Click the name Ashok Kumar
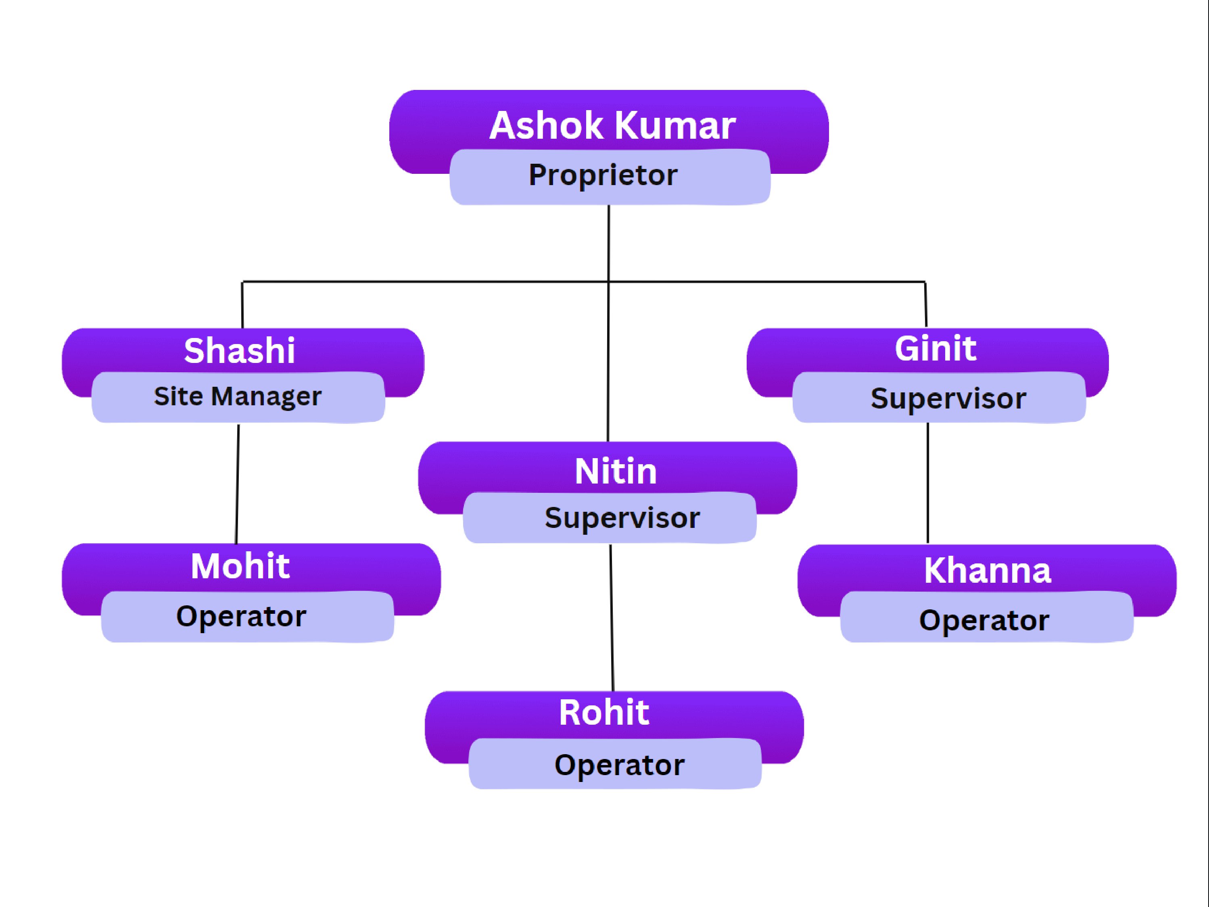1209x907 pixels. point(612,126)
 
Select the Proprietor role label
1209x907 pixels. point(603,175)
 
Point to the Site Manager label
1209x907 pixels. point(238,396)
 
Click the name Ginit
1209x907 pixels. point(935,348)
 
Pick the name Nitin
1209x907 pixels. point(616,471)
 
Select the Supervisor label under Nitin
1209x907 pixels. point(622,517)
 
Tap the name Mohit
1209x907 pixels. point(240,566)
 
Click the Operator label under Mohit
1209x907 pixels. point(241,616)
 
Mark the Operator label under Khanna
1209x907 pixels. point(984,620)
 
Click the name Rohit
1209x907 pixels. point(604,713)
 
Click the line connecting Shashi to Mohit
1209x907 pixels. point(237,484)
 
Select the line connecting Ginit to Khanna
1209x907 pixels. point(927,484)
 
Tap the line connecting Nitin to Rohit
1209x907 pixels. point(612,617)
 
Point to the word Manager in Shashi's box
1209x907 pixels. point(266,396)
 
